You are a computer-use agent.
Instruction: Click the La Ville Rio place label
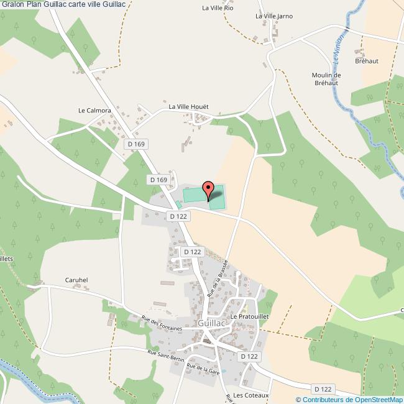click(x=217, y=8)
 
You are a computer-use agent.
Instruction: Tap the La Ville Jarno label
click(x=273, y=16)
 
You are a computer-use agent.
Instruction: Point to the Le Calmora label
click(x=94, y=111)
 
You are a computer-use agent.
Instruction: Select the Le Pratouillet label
click(x=249, y=316)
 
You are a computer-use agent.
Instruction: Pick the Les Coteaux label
click(x=250, y=395)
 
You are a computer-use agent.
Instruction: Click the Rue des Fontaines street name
click(x=162, y=323)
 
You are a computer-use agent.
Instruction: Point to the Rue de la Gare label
click(x=203, y=369)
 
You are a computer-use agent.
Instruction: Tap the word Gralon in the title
click(x=13, y=4)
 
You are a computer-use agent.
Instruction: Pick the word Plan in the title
click(x=34, y=4)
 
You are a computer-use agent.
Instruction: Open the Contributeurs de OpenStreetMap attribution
click(x=352, y=399)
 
